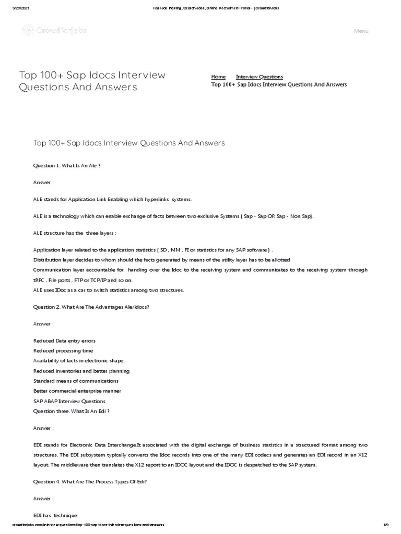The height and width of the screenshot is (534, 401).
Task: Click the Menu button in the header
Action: tap(361, 31)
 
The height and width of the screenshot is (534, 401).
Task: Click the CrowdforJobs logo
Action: tap(54, 31)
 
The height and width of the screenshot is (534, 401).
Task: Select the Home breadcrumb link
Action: tap(218, 77)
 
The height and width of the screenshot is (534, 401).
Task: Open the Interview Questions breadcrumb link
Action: tap(259, 77)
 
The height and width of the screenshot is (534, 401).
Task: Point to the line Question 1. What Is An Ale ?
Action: tap(67, 165)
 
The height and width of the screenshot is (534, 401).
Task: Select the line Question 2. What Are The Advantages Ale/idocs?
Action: tap(91, 307)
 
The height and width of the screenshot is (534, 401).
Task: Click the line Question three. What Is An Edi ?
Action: tap(71, 411)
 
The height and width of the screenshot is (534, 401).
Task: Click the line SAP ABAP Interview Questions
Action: tap(69, 401)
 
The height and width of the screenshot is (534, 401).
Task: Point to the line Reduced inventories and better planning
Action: tap(81, 371)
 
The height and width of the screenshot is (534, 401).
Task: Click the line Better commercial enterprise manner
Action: tap(77, 391)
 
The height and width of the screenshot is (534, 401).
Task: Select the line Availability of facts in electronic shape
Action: tap(78, 361)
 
